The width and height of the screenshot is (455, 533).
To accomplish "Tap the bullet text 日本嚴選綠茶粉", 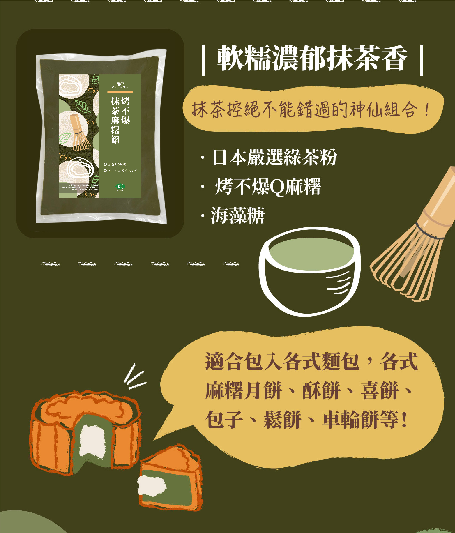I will click(274, 157).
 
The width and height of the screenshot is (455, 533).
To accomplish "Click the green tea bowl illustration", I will click(309, 272).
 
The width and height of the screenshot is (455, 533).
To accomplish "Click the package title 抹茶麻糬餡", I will click(115, 120).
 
